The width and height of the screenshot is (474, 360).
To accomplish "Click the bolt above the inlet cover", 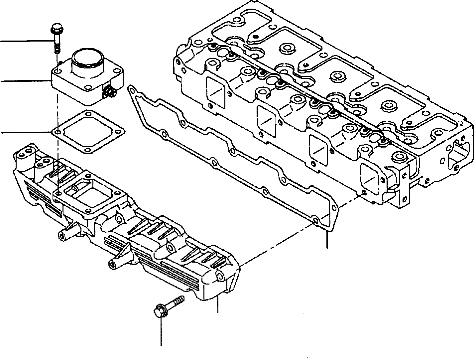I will pyautogui.click(x=55, y=37).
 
